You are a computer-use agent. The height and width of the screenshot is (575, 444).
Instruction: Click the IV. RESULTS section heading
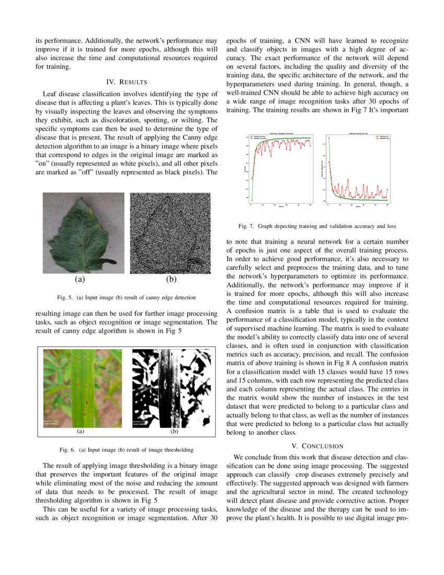126,82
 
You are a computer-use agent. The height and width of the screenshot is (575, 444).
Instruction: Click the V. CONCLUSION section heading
318,446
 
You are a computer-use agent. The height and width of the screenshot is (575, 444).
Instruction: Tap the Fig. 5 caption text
126,297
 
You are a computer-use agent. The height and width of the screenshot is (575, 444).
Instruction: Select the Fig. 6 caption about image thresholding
126,450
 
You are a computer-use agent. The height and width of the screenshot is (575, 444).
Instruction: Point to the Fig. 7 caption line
317,226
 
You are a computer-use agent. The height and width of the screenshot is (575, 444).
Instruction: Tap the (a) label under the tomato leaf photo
80,279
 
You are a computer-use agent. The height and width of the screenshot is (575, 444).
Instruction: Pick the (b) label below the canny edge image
171,279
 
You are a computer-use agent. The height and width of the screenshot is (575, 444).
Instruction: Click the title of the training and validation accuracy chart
281,134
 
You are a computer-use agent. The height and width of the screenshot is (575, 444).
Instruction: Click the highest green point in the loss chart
329,138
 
